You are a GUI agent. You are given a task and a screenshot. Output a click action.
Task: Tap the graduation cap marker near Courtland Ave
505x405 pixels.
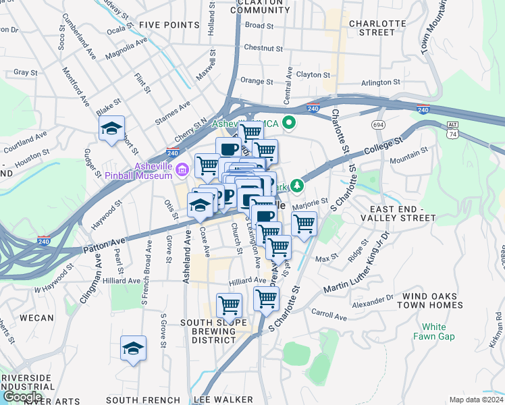click(111, 129)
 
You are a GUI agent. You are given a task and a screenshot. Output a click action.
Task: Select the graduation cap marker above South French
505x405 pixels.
click(133, 349)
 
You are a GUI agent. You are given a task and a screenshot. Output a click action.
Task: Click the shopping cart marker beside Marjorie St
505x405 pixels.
click(304, 223)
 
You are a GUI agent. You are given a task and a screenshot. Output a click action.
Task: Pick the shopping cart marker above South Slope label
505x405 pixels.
click(230, 305)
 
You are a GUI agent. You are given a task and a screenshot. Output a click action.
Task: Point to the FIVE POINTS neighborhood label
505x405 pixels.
click(169, 26)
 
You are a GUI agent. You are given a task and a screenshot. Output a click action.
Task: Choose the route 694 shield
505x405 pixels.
click(377, 126)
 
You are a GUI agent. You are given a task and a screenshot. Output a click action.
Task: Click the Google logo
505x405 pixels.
click(22, 397)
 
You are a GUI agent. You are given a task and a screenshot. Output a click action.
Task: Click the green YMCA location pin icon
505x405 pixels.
click(290, 123)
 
